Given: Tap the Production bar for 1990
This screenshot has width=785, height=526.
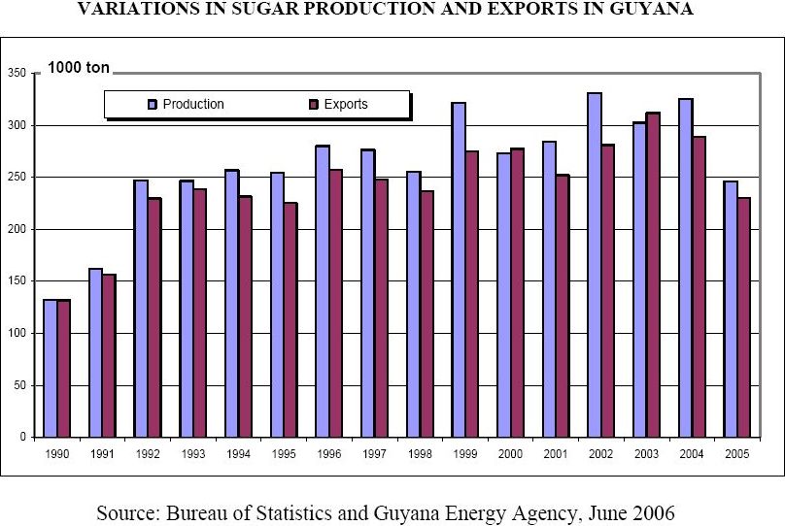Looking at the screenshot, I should pos(50,369).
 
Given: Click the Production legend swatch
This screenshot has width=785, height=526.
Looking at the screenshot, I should pos(153,104).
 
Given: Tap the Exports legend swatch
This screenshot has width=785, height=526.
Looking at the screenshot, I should pos(314,104).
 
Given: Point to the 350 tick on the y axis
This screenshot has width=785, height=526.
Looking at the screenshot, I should pos(17,73).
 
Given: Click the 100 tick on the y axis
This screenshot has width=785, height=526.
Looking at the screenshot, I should pos(17,333).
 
